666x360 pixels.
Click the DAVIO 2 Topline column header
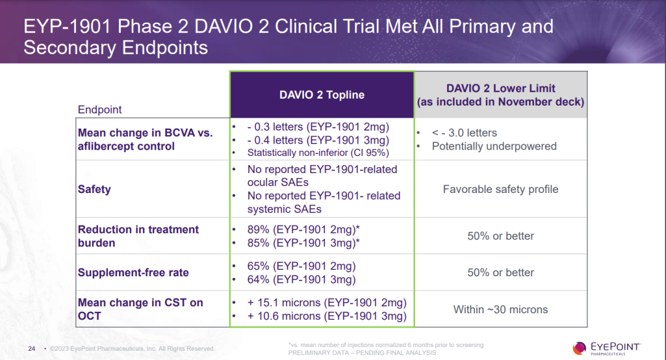(321, 95)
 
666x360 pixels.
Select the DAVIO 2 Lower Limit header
(501, 95)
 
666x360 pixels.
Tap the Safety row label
(94, 189)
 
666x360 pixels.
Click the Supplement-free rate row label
(133, 272)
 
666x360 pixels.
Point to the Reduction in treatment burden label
(138, 236)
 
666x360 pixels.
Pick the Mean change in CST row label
(140, 309)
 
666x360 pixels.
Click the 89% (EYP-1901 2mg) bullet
(303, 229)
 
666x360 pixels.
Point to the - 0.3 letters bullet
(318, 127)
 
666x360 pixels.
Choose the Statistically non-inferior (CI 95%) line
(318, 152)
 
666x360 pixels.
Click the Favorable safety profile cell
(500, 189)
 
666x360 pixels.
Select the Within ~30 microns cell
(500, 309)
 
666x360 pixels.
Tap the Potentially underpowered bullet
(494, 146)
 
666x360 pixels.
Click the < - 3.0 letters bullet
(464, 133)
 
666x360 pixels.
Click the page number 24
(31, 349)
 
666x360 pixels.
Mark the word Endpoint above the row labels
(100, 110)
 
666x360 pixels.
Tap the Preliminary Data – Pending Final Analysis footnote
(362, 353)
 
